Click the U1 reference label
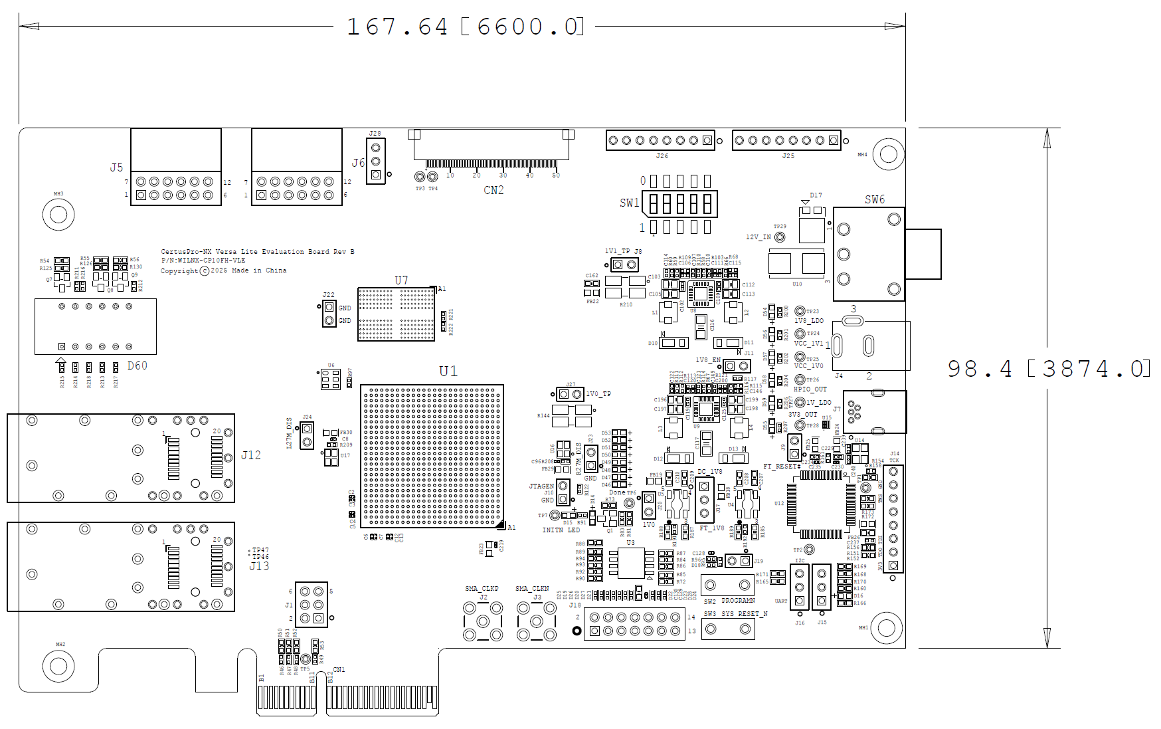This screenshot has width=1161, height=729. [448, 371]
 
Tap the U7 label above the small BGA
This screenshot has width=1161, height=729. [401, 280]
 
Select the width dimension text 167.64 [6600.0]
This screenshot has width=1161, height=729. [464, 27]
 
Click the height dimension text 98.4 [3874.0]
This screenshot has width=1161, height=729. [1047, 369]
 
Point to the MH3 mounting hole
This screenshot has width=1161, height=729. [58, 215]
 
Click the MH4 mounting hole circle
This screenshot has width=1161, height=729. [888, 155]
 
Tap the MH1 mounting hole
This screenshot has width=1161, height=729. [887, 628]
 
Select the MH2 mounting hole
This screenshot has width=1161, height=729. [58, 666]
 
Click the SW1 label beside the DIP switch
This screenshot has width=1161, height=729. [629, 203]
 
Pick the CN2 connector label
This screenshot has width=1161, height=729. [493, 190]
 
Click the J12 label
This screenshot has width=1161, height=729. [251, 455]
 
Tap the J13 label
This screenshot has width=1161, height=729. [259, 566]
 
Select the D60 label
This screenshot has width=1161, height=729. [137, 365]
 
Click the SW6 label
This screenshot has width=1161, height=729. [875, 199]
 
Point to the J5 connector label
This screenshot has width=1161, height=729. [116, 167]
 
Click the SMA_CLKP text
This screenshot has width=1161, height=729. [482, 589]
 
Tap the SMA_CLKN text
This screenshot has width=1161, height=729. [532, 589]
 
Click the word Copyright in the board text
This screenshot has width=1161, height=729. [179, 270]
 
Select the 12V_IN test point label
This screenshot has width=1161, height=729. [758, 237]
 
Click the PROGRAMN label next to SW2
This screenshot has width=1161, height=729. [738, 601]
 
